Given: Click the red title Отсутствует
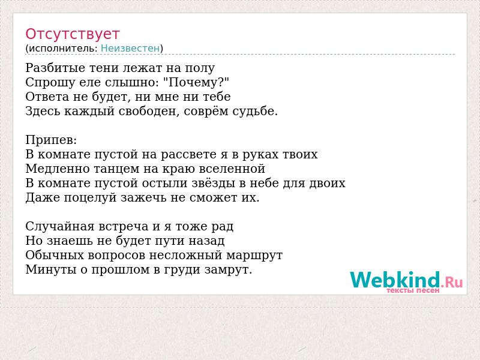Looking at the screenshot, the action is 72,34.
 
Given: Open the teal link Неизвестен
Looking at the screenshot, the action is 130,49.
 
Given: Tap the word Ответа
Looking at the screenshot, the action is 47,97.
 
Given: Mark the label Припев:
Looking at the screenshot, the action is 51,140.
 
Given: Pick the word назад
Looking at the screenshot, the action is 206,241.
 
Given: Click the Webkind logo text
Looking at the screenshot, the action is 406,280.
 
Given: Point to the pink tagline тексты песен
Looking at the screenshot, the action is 413,290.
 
